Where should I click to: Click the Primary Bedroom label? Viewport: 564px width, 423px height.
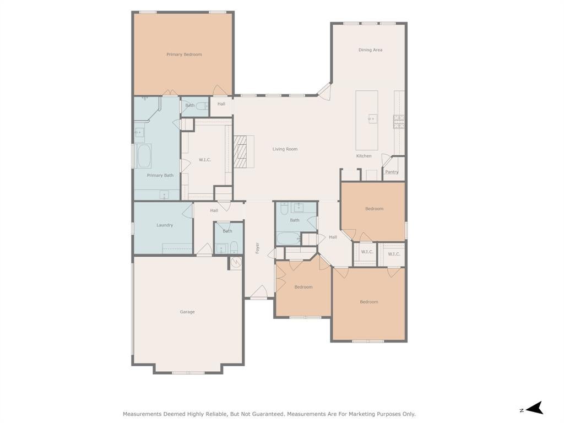coord(184,55)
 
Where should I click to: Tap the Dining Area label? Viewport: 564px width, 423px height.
coord(370,50)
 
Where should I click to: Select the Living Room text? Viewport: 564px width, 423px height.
coord(285,149)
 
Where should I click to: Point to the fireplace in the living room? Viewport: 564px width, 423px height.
coord(241,151)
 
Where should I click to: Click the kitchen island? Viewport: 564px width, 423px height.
coord(367,120)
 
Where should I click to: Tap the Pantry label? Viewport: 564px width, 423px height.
coord(392,172)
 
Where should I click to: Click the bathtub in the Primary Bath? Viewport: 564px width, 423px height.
coord(144,156)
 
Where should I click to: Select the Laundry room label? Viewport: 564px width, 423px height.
coord(165,225)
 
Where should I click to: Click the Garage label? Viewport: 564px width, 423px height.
coord(187,312)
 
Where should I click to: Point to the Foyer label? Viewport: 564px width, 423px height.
coord(258,248)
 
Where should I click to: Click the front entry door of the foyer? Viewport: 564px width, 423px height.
coord(259,292)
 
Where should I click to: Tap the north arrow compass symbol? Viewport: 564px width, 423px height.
coord(535,408)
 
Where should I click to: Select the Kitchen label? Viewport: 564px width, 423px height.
coord(364,156)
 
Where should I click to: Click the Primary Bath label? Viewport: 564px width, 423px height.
coord(160,175)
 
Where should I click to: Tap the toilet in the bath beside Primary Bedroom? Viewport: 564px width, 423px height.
coord(204,106)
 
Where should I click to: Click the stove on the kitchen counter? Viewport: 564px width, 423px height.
coord(399,122)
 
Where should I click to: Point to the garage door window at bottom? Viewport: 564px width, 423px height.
coord(188,373)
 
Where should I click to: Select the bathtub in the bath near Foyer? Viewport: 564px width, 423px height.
coord(289,238)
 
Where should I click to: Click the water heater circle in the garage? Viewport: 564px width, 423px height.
coord(236,263)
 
